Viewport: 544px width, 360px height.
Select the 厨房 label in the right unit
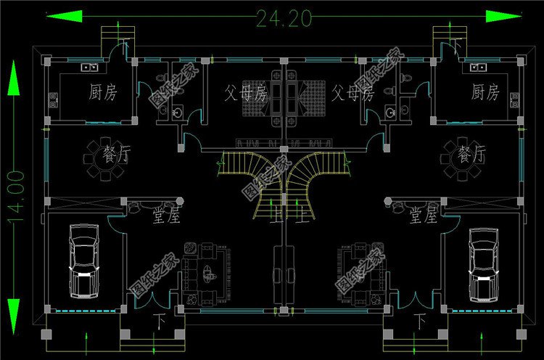(x=485, y=92)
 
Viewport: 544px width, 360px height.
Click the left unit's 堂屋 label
(x=166, y=216)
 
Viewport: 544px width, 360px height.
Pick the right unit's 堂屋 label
(x=422, y=216)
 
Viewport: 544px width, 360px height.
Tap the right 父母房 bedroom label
(x=352, y=93)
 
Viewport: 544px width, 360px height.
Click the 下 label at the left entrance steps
(x=160, y=320)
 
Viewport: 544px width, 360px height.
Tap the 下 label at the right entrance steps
(x=419, y=320)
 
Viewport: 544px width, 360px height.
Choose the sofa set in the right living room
(x=360, y=271)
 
